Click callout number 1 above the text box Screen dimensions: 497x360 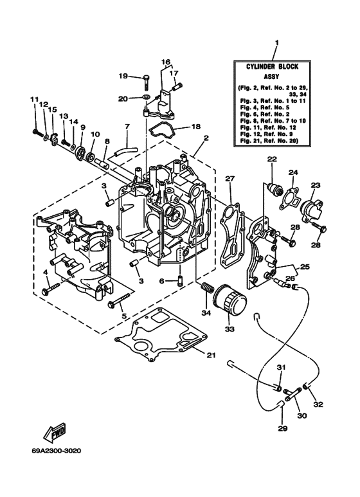pyautogui.click(x=276, y=44)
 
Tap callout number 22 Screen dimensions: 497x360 pyautogui.click(x=272, y=159)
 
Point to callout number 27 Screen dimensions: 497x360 pyautogui.click(x=230, y=179)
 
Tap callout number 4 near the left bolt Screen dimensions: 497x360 pyautogui.click(x=46, y=273)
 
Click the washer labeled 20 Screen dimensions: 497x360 pyautogui.click(x=148, y=98)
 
